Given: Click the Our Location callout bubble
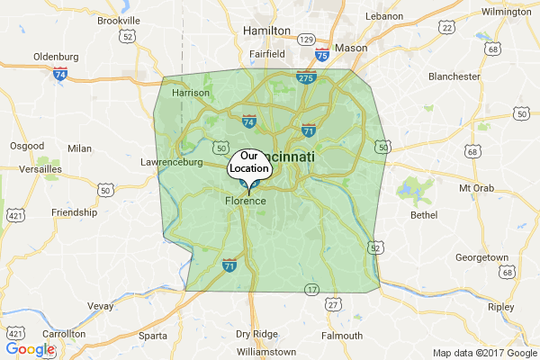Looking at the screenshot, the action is tap(249, 163).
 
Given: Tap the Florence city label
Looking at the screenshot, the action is tap(245, 201).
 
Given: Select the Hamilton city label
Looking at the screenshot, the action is tap(267, 30).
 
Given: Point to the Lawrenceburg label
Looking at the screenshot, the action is tap(173, 163).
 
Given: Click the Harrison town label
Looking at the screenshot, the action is tap(190, 92).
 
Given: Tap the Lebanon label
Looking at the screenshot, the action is tap(384, 16).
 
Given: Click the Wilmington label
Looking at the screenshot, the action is tap(506, 12).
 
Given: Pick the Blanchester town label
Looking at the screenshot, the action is tap(454, 76).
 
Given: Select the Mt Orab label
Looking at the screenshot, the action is tap(478, 188).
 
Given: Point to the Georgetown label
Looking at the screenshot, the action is tap(481, 257).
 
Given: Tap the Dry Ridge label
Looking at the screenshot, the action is tap(256, 334).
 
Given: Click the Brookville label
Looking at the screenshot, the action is tap(118, 20).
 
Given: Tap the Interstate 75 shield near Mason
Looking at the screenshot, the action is tap(321, 55).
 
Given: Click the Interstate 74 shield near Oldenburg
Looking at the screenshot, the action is tap(59, 75).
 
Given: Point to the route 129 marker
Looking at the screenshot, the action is tap(307, 40).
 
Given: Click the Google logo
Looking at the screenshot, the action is tap(30, 349).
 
